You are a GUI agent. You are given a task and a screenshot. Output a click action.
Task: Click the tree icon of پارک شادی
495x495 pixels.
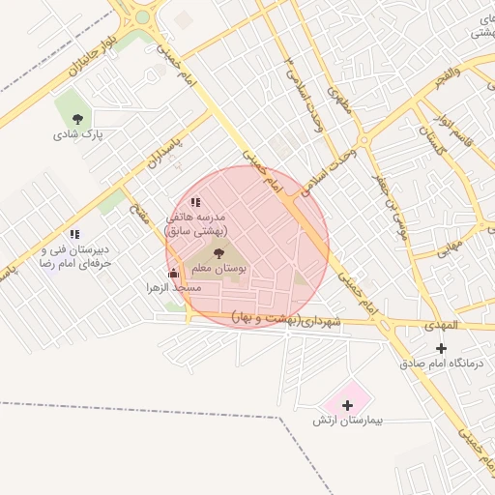77,119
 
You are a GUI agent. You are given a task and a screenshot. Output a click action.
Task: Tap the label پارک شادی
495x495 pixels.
84,134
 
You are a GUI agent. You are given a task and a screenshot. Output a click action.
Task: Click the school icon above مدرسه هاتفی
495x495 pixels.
195,203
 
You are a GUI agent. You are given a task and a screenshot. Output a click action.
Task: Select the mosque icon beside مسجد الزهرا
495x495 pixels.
173,274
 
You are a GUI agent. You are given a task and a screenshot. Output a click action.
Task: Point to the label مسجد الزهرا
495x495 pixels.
174,288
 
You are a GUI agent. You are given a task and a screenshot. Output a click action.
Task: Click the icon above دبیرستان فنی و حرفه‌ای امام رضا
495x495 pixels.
74,234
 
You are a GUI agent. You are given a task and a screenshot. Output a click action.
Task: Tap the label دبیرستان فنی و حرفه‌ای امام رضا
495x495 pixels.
74,255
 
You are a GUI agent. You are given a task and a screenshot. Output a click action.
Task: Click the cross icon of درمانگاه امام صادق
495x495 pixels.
442,348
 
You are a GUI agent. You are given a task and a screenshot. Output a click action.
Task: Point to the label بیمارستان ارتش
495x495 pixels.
348,421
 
